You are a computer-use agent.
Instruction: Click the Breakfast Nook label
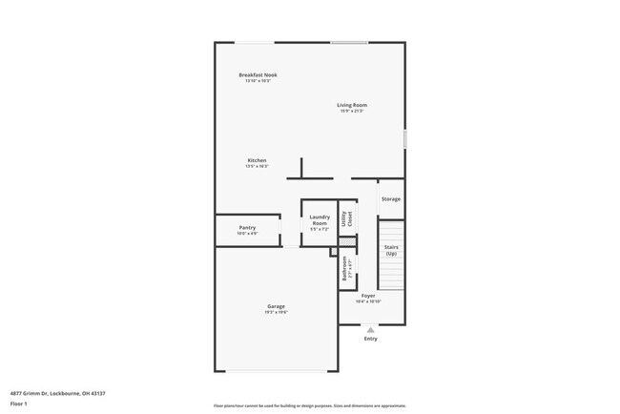point(258,74)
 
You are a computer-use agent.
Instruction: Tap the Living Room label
point(351,105)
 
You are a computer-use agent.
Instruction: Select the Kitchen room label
point(257,160)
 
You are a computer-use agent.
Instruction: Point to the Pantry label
point(247,228)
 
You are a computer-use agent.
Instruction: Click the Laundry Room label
point(320,220)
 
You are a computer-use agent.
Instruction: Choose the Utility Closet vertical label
point(348,219)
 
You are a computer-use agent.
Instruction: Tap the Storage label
point(390,199)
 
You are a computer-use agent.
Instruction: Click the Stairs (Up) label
point(391,251)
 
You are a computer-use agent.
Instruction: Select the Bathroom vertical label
point(344,267)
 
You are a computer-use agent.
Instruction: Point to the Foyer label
point(368,297)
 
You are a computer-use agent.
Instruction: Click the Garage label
point(276,306)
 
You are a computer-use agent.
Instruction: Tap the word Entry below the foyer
point(370,339)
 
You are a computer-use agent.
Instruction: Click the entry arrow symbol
point(370,329)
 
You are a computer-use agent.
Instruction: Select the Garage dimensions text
point(276,312)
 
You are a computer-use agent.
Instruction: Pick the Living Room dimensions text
point(351,111)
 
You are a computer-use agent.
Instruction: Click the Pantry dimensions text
point(247,234)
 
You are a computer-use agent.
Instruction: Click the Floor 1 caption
point(18,404)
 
